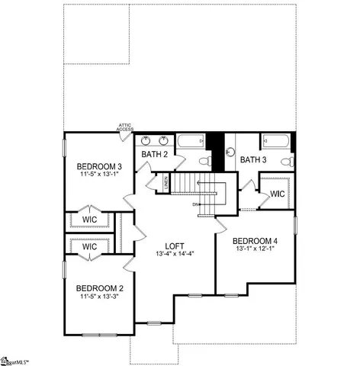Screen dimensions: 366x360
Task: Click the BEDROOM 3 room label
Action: [x=99, y=166]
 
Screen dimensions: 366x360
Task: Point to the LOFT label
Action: [x=174, y=245]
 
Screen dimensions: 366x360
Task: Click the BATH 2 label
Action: [x=154, y=156]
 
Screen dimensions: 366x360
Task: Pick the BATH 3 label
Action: [x=252, y=159]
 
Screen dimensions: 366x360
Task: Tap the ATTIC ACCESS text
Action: [x=126, y=127]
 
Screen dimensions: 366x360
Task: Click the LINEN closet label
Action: [x=166, y=183]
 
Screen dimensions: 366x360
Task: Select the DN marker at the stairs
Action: [x=196, y=204]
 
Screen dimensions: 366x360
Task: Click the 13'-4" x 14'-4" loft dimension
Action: [x=174, y=254]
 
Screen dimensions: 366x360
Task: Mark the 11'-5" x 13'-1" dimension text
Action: [x=99, y=175]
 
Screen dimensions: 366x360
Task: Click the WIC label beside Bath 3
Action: [x=277, y=194]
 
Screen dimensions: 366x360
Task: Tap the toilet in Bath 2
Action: [x=204, y=161]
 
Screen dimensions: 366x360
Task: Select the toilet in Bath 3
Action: [x=285, y=160]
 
